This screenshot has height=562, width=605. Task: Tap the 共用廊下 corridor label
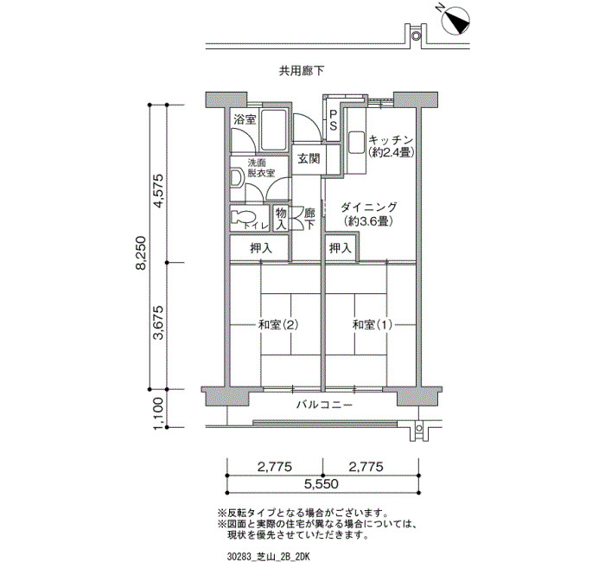click(x=302, y=71)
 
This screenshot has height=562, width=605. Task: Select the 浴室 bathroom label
click(x=245, y=119)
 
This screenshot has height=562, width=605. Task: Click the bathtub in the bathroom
click(x=273, y=130)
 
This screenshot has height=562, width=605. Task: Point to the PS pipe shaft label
click(x=333, y=120)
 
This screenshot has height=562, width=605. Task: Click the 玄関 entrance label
click(x=309, y=158)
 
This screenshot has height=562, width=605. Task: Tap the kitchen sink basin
click(x=356, y=144)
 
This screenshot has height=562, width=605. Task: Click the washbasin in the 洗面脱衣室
click(x=236, y=179)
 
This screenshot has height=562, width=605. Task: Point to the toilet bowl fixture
click(x=241, y=216)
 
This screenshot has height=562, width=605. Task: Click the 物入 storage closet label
click(x=281, y=219)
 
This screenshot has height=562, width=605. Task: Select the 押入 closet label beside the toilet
click(x=261, y=248)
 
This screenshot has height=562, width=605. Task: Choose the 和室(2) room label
click(x=278, y=325)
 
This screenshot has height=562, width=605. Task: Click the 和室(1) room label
click(x=373, y=325)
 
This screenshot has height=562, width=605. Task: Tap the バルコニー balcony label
click(x=324, y=405)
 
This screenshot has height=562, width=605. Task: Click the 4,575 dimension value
click(x=159, y=192)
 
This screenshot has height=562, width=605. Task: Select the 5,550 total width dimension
click(x=321, y=484)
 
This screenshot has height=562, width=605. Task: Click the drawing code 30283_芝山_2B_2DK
click(x=269, y=557)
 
